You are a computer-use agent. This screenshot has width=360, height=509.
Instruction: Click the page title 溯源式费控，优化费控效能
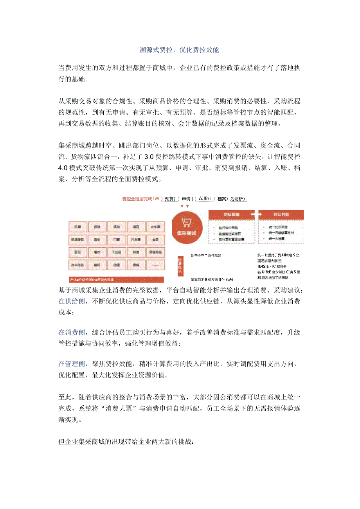tap(180, 50)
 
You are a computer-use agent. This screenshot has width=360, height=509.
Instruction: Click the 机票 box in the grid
tap(77, 227)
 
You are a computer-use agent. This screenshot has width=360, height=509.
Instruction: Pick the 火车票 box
tap(155, 227)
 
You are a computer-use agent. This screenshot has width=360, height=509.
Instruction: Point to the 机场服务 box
tap(77, 239)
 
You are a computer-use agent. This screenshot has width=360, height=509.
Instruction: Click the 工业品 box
tap(116, 252)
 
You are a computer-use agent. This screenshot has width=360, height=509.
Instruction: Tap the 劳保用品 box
tap(155, 252)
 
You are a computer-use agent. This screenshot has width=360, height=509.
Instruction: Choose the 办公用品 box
tap(77, 265)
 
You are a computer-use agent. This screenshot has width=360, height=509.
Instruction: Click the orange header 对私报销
tap(232, 215)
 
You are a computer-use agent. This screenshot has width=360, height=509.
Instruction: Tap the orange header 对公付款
tap(281, 215)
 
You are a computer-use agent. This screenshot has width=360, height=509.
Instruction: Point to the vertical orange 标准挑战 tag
tap(180, 265)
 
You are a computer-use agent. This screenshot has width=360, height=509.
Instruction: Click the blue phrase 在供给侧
tap(72, 301)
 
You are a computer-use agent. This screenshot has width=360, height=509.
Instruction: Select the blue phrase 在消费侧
tap(72, 333)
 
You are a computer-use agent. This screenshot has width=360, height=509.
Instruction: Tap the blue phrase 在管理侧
tap(72, 364)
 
